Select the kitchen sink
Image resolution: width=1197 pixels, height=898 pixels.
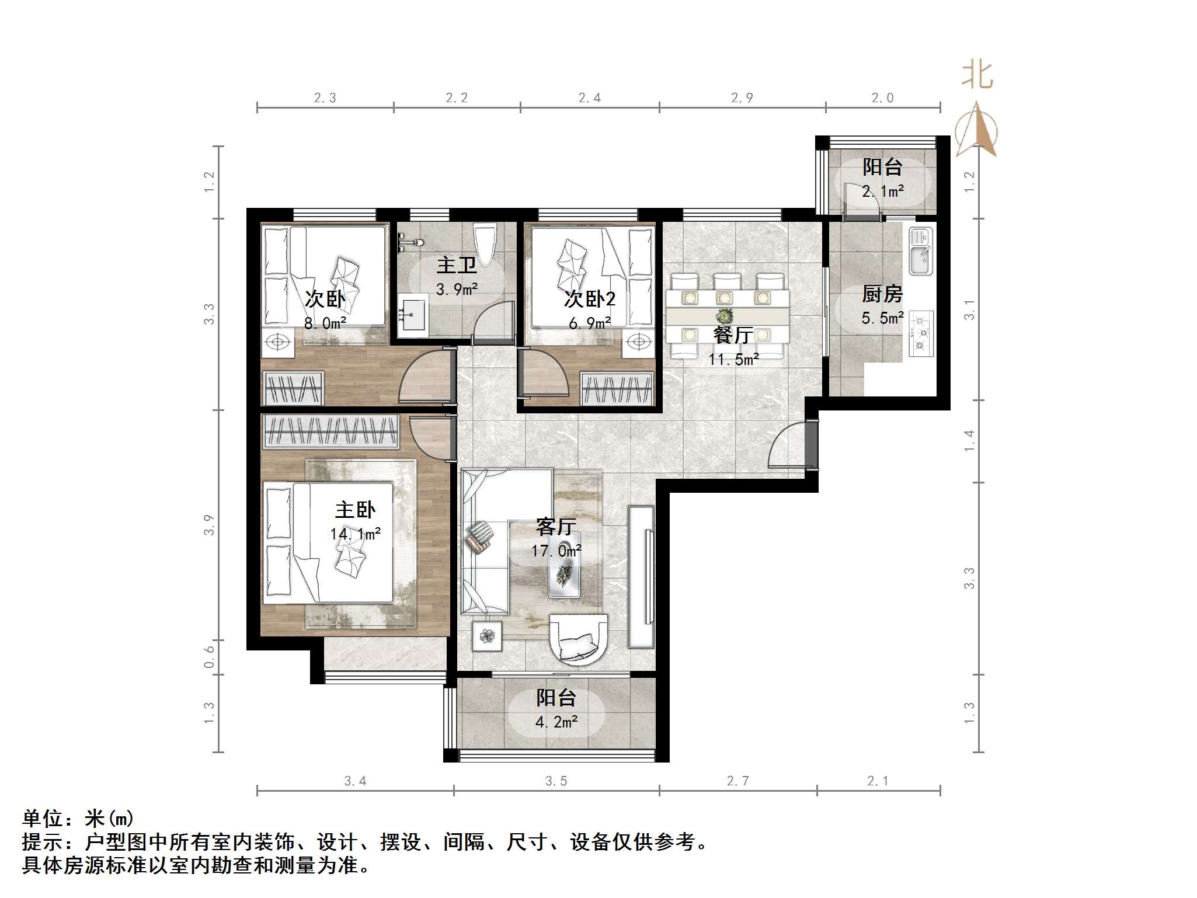coord(921,252)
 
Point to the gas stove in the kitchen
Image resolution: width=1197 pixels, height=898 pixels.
coord(921,334)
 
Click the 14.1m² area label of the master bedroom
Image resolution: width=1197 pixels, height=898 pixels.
coord(355,534)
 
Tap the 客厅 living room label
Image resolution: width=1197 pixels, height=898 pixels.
coord(556,527)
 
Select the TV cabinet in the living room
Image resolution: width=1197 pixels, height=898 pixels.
coord(641,576)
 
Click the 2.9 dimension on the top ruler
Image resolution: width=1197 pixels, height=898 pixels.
coord(742,98)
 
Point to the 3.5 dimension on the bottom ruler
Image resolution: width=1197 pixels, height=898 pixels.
coord(556,781)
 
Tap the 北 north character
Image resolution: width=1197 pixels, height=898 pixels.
coord(977,76)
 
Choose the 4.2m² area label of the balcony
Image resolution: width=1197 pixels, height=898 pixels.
coord(556,722)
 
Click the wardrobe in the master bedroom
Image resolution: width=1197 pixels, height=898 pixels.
coord(331,432)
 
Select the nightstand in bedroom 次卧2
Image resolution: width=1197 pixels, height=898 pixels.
coord(639,343)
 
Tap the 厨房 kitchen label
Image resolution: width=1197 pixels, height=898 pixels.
coord(882,294)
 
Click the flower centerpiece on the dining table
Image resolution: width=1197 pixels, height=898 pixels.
coord(725,316)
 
